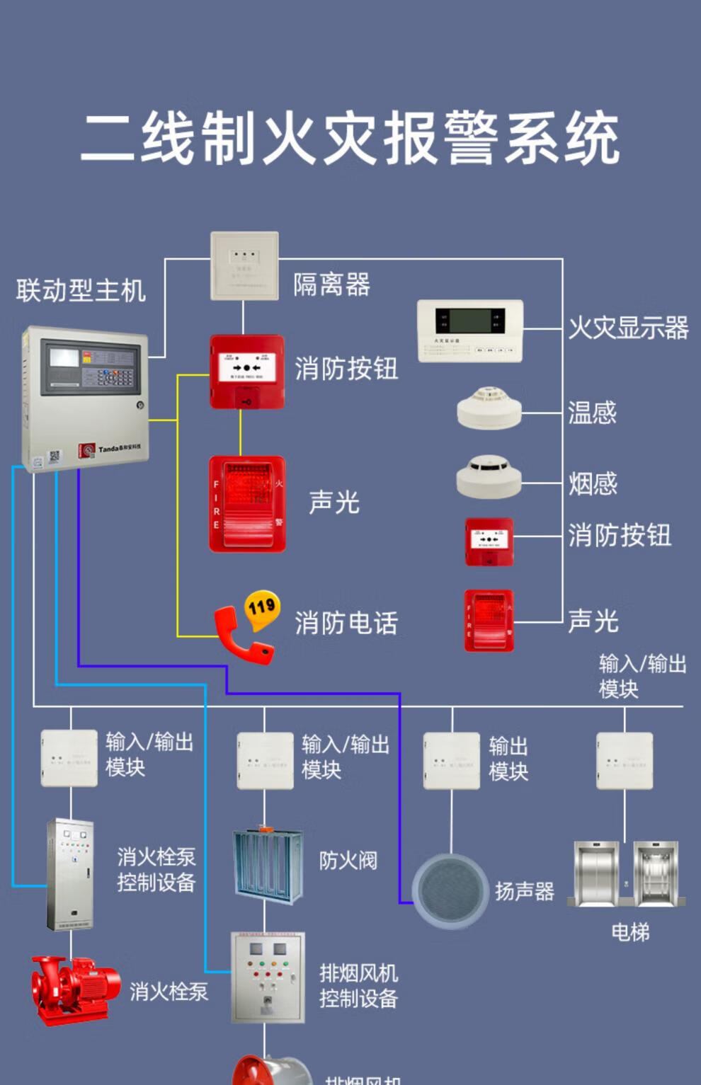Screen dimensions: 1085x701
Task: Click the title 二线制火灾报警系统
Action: (x=350, y=138)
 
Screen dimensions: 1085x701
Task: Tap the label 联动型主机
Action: (x=81, y=290)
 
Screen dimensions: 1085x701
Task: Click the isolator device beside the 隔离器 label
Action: (x=244, y=266)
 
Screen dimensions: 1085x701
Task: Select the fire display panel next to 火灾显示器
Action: (x=470, y=331)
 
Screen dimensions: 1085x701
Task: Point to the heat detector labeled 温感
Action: (x=489, y=408)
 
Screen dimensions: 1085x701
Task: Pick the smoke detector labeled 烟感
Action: (x=489, y=476)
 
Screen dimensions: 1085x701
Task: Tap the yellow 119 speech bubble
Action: (x=261, y=608)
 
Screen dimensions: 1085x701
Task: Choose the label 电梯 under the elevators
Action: (x=629, y=932)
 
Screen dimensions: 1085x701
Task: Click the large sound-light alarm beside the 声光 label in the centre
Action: (x=247, y=504)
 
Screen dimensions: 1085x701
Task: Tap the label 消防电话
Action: (x=346, y=623)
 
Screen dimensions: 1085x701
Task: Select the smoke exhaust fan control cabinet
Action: (x=268, y=977)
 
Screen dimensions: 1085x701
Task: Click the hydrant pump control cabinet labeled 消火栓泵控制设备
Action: (x=69, y=874)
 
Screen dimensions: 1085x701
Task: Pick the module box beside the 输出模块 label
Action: (x=451, y=761)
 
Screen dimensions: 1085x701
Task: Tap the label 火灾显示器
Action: (x=628, y=328)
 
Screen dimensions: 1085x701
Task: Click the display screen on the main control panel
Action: (x=64, y=358)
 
